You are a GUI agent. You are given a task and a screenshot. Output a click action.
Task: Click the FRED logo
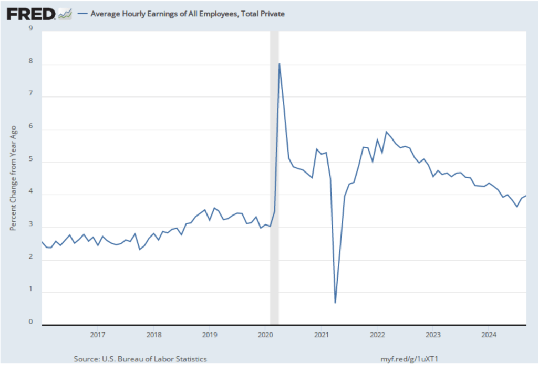pyautogui.click(x=31, y=14)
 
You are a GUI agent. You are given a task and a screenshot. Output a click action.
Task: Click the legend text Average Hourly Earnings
pyautogui.click(x=188, y=14)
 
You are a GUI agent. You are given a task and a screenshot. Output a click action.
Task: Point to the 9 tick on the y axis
pyautogui.click(x=30, y=28)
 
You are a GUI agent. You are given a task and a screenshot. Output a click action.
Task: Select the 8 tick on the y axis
pyautogui.click(x=30, y=62)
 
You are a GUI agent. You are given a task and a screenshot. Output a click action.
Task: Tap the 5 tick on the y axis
pyautogui.click(x=30, y=159)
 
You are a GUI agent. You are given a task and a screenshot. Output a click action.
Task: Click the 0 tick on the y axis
pyautogui.click(x=30, y=322)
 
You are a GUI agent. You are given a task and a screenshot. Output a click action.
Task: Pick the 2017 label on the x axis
pyautogui.click(x=97, y=334)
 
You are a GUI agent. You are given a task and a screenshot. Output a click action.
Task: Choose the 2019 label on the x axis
pyautogui.click(x=209, y=334)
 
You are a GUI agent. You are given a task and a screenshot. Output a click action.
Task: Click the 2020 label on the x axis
pyautogui.click(x=265, y=334)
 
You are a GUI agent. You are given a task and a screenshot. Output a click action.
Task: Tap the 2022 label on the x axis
pyautogui.click(x=377, y=334)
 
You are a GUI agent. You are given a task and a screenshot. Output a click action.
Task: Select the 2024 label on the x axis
pyautogui.click(x=489, y=334)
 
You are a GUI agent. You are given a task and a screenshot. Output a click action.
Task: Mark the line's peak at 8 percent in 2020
pyautogui.click(x=280, y=64)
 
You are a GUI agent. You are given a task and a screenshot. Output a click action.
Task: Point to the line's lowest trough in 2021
pyautogui.click(x=335, y=303)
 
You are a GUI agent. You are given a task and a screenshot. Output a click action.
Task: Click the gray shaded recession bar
pyautogui.click(x=274, y=178)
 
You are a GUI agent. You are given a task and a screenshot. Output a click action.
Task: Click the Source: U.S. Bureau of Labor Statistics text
pyautogui.click(x=141, y=359)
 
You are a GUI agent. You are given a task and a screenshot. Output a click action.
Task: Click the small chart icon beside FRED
pyautogui.click(x=65, y=14)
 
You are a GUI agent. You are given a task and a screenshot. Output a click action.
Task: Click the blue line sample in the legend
pyautogui.click(x=81, y=14)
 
